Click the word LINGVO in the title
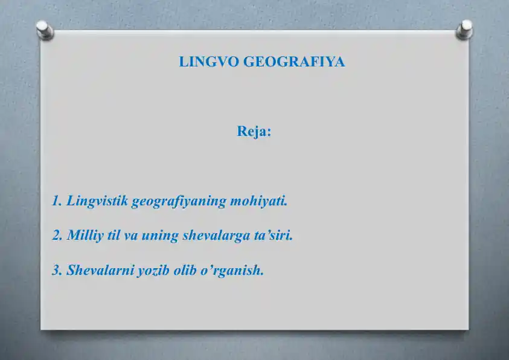click(209, 62)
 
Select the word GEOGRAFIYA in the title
click(294, 62)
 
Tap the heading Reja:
click(254, 132)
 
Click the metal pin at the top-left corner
click(45, 30)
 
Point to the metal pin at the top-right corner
click(465, 30)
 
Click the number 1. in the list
click(57, 201)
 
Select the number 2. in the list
click(57, 236)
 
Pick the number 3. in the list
click(57, 270)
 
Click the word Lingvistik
click(97, 201)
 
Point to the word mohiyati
click(259, 201)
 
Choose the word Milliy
click(85, 236)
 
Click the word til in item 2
click(114, 236)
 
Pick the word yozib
click(153, 271)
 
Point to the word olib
click(185, 270)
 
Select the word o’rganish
click(232, 271)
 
